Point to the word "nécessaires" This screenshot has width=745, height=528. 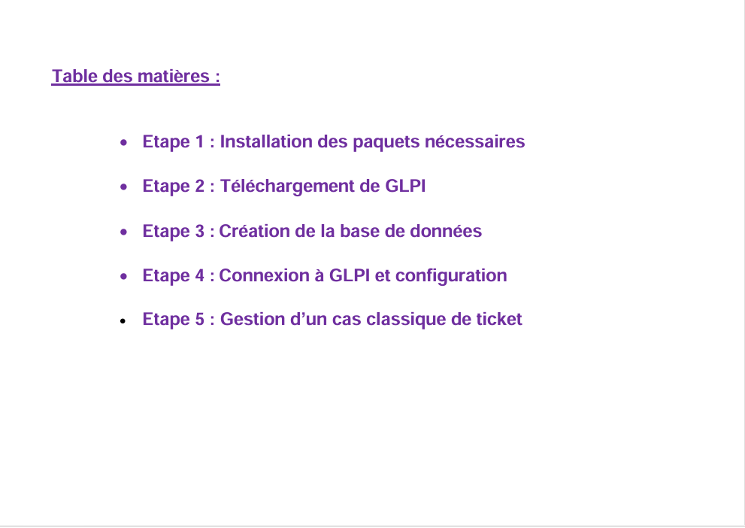click(474, 141)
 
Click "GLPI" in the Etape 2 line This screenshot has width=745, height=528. click(405, 185)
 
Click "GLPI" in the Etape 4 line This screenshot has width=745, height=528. click(350, 275)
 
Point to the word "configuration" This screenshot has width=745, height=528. click(451, 276)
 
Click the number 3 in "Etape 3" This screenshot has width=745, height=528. click(199, 231)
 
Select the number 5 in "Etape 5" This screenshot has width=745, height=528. click(199, 320)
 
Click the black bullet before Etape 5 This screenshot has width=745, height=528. click(123, 321)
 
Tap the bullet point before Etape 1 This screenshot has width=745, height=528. click(123, 142)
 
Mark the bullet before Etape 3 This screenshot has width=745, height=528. click(123, 232)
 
